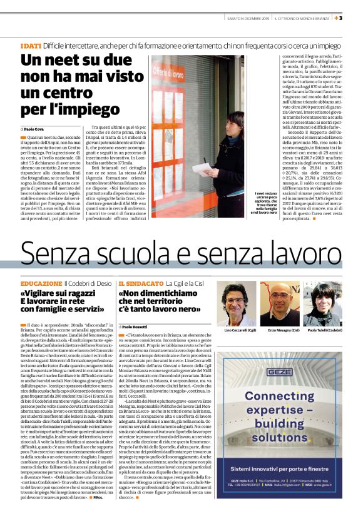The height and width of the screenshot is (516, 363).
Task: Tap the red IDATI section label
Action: tap(31, 47)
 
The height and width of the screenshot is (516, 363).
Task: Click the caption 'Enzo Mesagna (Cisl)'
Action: tap(279, 328)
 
